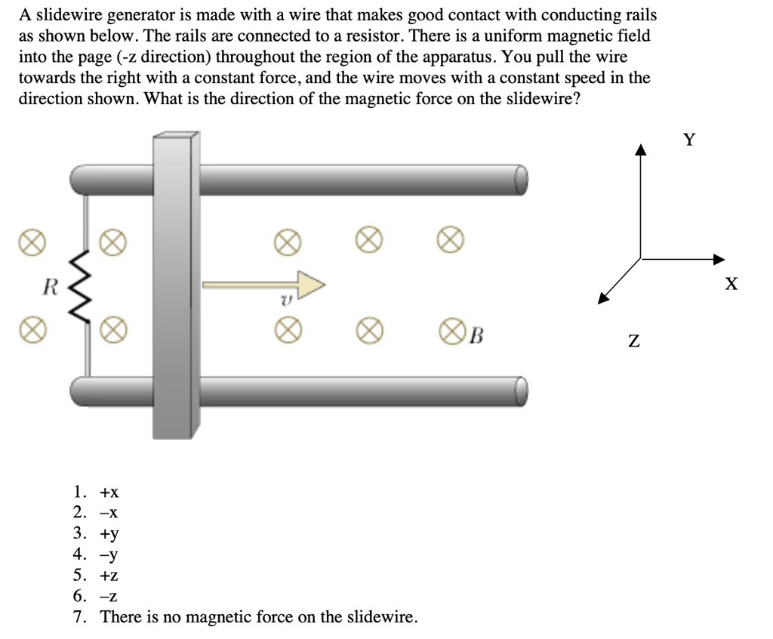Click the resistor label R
pyautogui.click(x=51, y=286)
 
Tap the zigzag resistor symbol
pyautogui.click(x=82, y=286)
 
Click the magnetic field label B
pyautogui.click(x=476, y=333)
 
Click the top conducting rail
pyautogui.click(x=362, y=179)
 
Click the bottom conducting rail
pyautogui.click(x=362, y=390)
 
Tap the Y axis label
pyautogui.click(x=688, y=139)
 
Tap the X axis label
pyautogui.click(x=730, y=284)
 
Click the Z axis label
pyautogui.click(x=634, y=342)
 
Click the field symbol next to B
pyautogui.click(x=451, y=332)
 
